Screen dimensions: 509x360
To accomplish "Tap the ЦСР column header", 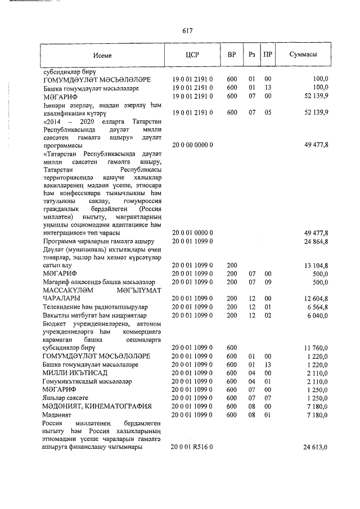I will tap(193, 55).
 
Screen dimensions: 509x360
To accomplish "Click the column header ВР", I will tap(232, 55).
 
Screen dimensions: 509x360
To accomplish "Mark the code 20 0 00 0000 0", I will tap(192, 145).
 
